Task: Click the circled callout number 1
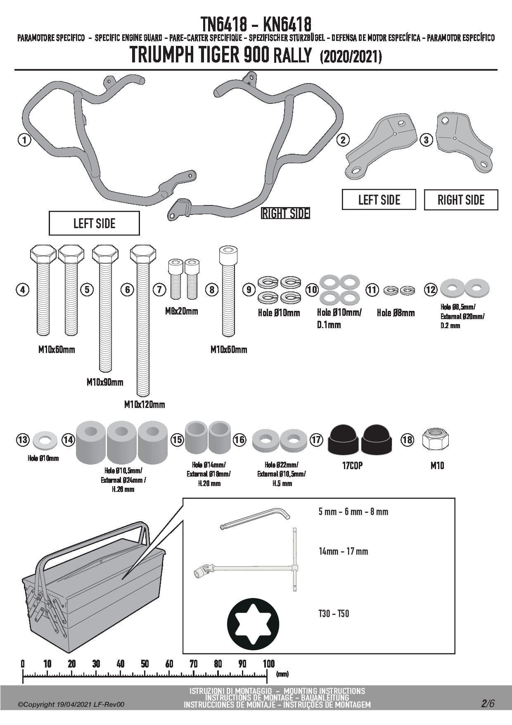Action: pos(24,140)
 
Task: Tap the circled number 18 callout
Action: pos(407,439)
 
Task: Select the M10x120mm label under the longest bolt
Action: pos(145,405)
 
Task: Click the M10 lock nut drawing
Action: pos(436,439)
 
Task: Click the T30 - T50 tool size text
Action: pos(334,613)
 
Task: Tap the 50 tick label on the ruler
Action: pos(145,664)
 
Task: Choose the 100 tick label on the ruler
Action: pos(269,664)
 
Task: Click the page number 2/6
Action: pos(487,704)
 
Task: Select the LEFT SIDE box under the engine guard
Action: pos(94,224)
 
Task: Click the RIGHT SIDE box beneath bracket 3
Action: pos(461,200)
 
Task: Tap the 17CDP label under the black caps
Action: pos(352,466)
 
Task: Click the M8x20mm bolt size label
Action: pos(181,311)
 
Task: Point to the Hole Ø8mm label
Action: pos(396,313)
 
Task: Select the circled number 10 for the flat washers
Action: pos(312,289)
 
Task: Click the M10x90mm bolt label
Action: pos(105,382)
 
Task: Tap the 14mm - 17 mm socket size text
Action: pos(343,551)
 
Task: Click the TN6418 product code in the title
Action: pos(224,24)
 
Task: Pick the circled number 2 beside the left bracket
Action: pos(343,140)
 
